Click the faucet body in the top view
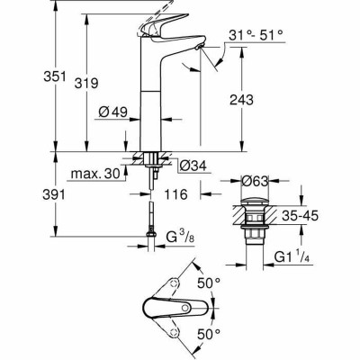(166, 310)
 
